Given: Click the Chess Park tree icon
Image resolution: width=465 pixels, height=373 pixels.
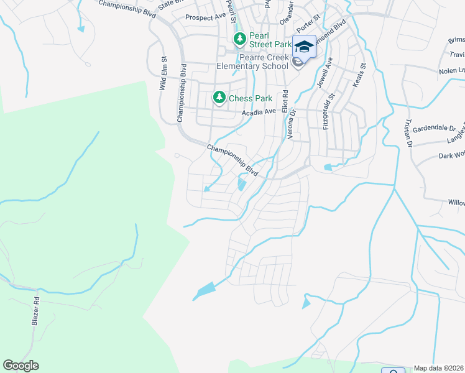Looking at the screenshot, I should pyautogui.click(x=219, y=98).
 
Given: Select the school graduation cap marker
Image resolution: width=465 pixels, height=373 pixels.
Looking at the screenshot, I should pyautogui.click(x=304, y=47).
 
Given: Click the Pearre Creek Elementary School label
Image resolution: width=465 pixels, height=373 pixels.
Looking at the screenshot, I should pyautogui.click(x=253, y=61).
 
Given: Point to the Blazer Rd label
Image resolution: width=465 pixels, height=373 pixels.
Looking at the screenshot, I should pyautogui.click(x=35, y=311).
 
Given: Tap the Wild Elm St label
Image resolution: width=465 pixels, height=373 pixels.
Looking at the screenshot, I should pyautogui.click(x=164, y=74).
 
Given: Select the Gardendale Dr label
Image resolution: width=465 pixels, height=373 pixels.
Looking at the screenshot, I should pyautogui.click(x=438, y=128).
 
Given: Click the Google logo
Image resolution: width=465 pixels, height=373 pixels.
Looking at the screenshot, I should pyautogui.click(x=21, y=366).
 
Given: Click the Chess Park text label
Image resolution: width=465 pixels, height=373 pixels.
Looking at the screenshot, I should pyautogui.click(x=251, y=98).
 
